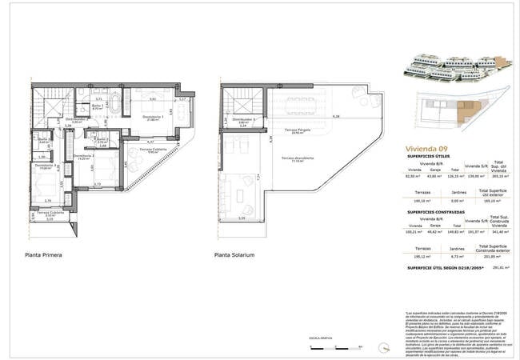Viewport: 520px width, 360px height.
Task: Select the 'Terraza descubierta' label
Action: tap(297, 158)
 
